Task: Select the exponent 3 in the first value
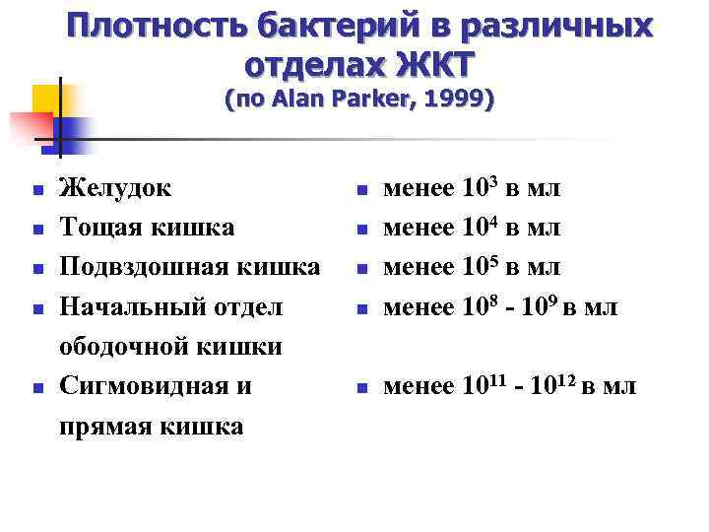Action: click(493, 179)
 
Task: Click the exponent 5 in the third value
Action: click(493, 258)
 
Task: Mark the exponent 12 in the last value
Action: click(563, 378)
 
